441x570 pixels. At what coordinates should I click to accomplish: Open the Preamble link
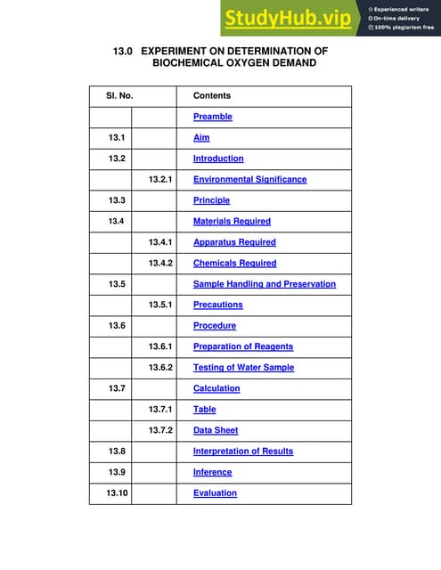coord(213,117)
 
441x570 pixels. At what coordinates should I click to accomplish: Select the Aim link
coord(201,138)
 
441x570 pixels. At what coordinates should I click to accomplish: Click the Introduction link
coord(218,159)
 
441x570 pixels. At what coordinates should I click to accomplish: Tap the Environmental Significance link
coord(249,179)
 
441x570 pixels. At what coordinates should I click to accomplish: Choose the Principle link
coord(211,200)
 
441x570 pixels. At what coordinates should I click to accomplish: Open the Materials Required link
coord(232,221)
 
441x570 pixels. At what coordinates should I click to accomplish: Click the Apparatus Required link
coord(234,242)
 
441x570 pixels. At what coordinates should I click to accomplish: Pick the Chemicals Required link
coord(234,263)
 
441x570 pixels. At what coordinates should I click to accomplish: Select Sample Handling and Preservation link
coord(265,284)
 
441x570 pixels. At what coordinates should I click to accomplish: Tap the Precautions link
coord(217,305)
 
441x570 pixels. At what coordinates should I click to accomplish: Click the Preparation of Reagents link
coord(242,346)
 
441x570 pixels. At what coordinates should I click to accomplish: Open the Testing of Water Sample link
coord(243,367)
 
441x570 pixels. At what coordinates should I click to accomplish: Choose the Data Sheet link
coord(216,430)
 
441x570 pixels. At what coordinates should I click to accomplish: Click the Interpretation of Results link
coord(243,451)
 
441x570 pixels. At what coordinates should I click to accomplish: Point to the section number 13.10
coord(117,493)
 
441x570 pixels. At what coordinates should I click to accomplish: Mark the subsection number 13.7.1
coord(159,409)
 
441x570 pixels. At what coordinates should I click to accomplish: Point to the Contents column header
coord(212,95)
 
